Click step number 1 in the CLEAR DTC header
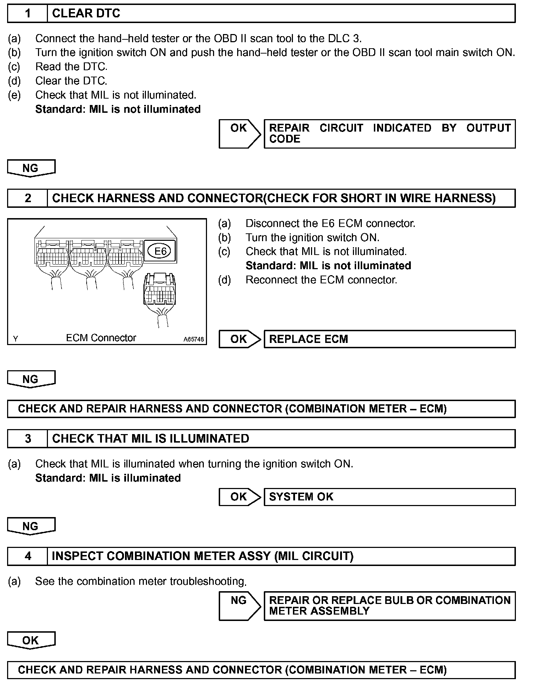coord(28,13)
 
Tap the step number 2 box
coord(28,198)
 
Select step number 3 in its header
coord(28,439)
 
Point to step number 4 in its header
coord(28,556)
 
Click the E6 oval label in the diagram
coord(160,251)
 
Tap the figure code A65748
coord(194,339)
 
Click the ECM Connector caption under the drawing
coord(101,338)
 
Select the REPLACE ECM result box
coord(389,339)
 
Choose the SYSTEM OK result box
coord(389,497)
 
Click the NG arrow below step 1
coord(31,168)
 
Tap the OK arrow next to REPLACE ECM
coord(240,339)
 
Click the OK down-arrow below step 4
coord(31,640)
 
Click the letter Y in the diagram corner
coord(15,339)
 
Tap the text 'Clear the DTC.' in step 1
coord(71,81)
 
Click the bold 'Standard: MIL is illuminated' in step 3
coord(108,478)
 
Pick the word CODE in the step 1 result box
coord(285,139)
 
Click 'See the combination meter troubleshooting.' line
coord(141,581)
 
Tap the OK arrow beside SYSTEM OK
coord(240,497)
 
